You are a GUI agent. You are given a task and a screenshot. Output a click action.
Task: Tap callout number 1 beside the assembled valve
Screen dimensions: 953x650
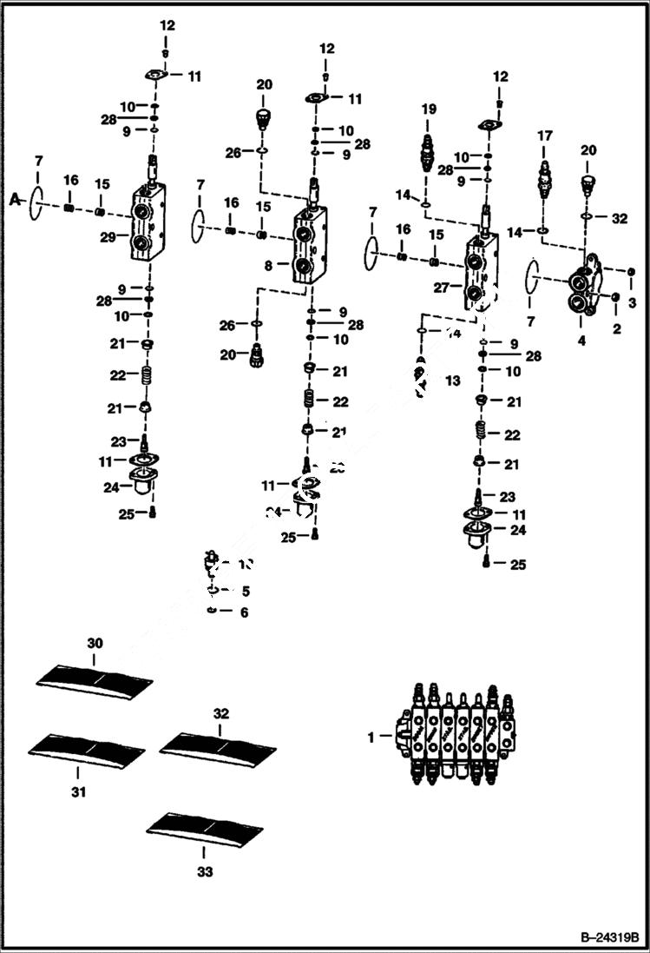tap(371, 737)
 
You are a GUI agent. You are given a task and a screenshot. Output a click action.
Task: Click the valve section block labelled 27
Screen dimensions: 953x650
tap(480, 269)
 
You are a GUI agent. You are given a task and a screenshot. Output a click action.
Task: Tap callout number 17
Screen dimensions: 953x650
tap(544, 136)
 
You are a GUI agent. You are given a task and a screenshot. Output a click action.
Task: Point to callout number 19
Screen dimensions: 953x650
tap(428, 109)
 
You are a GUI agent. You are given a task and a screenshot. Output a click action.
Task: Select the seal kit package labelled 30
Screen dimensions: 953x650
tap(95, 678)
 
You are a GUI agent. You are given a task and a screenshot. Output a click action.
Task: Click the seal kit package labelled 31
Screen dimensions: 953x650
tap(86, 746)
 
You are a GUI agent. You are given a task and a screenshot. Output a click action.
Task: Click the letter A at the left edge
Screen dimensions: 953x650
tap(13, 200)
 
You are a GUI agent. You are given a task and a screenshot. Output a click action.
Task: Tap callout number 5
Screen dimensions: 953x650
tap(245, 592)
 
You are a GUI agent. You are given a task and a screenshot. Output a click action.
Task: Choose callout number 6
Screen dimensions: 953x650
tap(244, 612)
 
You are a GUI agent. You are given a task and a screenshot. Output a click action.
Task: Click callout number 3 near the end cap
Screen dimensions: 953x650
tap(632, 303)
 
